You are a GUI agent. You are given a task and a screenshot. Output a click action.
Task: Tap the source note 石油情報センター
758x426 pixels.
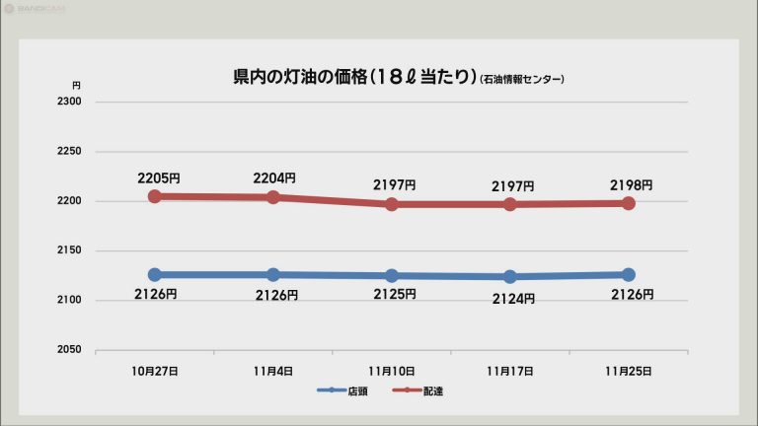[522, 79]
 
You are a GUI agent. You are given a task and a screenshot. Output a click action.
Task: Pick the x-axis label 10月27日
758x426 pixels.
[155, 371]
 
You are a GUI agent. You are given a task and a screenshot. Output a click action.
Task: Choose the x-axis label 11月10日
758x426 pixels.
[392, 371]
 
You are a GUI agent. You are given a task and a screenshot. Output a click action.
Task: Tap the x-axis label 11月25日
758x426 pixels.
[629, 371]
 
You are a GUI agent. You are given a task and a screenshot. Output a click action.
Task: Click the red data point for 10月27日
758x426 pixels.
[155, 196]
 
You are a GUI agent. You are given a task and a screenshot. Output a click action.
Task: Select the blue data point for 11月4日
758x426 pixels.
[273, 274]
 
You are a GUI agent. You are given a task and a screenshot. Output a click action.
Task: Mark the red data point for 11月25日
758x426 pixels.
[629, 203]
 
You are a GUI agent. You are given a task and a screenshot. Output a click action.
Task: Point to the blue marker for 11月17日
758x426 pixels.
[510, 277]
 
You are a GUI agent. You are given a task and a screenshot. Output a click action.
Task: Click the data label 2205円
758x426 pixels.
[159, 178]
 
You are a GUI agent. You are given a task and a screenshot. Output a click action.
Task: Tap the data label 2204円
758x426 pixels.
[274, 178]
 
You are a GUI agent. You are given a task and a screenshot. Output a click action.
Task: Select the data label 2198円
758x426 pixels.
[631, 185]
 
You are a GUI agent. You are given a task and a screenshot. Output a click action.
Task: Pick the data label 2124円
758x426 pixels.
[514, 298]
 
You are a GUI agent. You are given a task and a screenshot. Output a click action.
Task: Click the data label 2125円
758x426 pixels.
[395, 295]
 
